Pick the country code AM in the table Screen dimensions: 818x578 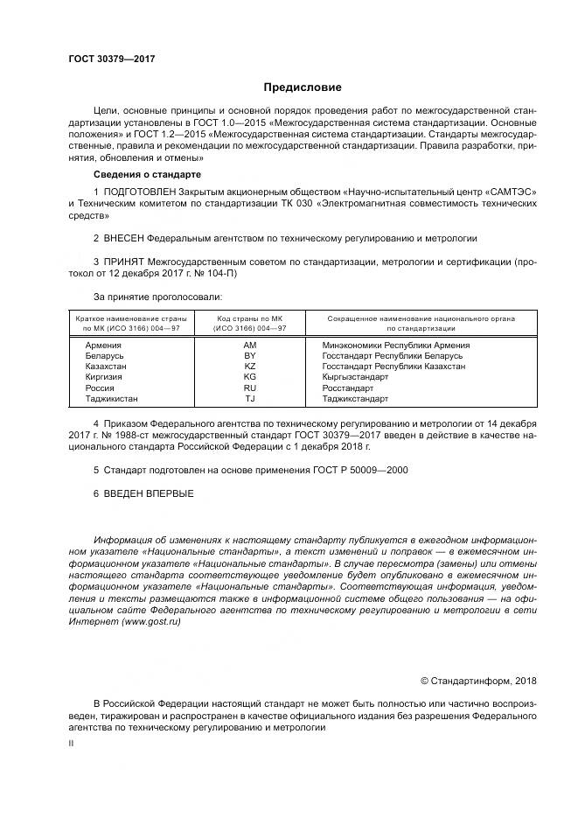tap(249, 345)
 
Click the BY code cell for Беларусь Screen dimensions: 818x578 tap(249, 356)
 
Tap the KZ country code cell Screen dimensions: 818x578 tap(249, 367)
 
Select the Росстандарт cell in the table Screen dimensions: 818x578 tap(348, 388)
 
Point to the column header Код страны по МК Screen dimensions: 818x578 tap(249, 319)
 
